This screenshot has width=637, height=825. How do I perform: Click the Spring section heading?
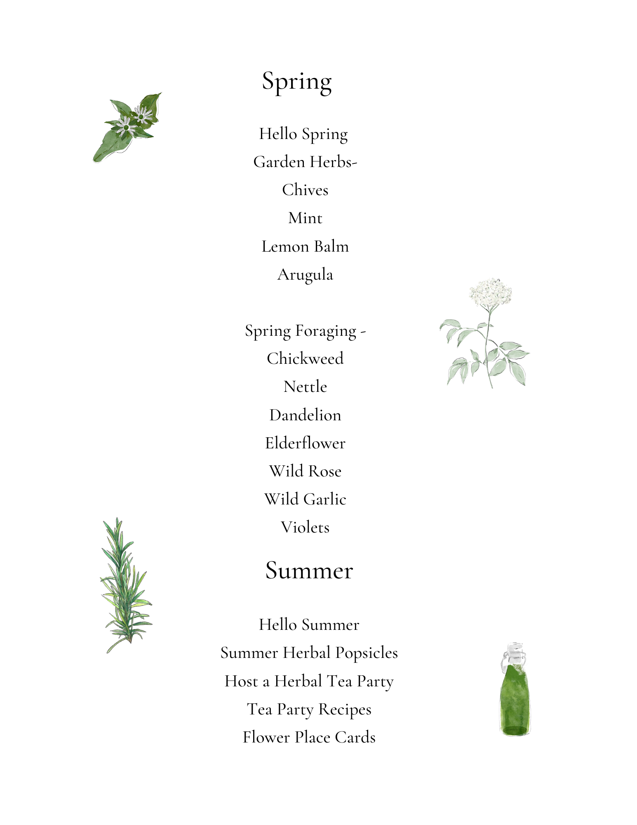[297, 81]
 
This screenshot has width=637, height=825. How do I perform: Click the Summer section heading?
[309, 570]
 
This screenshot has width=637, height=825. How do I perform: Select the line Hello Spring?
[303, 134]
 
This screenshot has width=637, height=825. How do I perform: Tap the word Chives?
[305, 190]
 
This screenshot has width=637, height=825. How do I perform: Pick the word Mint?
[305, 218]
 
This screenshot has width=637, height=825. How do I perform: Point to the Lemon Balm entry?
[305, 246]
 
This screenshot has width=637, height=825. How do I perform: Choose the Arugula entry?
[305, 275]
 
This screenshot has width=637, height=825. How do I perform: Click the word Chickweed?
[305, 358]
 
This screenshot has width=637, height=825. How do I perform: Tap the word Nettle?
[305, 387]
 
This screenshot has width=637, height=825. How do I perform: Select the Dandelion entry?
[305, 415]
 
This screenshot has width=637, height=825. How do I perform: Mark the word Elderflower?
[305, 443]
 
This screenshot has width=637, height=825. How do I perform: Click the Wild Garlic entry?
[305, 499]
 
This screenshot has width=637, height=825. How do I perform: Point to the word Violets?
[305, 527]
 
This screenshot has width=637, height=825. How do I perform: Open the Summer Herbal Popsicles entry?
[309, 653]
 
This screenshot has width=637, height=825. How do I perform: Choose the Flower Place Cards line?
[309, 737]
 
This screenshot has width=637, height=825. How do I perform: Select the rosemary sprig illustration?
[126, 586]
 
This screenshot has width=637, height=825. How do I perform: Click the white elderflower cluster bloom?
[491, 292]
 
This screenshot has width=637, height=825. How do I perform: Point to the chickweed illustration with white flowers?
[128, 126]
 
